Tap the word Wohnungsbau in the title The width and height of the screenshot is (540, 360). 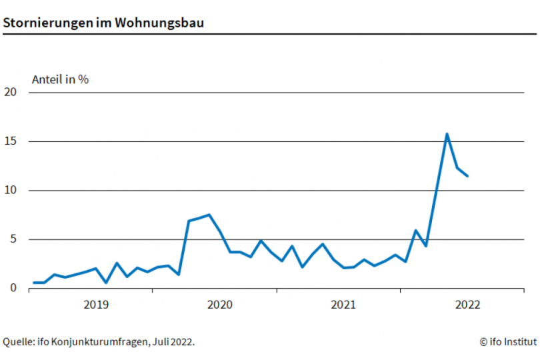coord(159,22)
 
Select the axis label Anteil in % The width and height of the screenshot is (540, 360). coord(60,79)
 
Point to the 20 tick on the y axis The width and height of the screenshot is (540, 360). coord(10,92)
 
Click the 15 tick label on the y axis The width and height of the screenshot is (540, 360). coord(10,141)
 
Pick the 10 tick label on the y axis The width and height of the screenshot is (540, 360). coord(10,190)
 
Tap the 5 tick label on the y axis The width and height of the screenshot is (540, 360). coord(13,239)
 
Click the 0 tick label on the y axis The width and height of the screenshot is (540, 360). coord(13,288)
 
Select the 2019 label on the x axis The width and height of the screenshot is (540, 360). coord(96,305)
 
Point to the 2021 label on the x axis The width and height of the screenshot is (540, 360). coord(343,305)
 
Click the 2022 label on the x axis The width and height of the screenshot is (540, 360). coord(467,305)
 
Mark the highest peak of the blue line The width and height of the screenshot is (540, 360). coord(447,134)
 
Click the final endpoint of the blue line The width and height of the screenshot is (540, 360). coord(467,176)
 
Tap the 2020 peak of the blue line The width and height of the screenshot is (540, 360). coord(209,215)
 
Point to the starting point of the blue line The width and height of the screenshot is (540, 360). coord(34,283)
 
